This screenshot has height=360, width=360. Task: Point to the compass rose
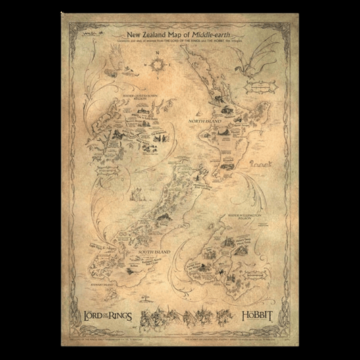[160, 63]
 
